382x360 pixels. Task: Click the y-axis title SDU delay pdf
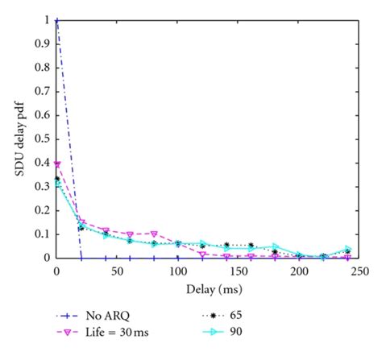click(x=18, y=139)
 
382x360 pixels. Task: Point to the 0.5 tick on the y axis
click(x=44, y=139)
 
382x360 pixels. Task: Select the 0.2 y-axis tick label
click(x=44, y=211)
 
